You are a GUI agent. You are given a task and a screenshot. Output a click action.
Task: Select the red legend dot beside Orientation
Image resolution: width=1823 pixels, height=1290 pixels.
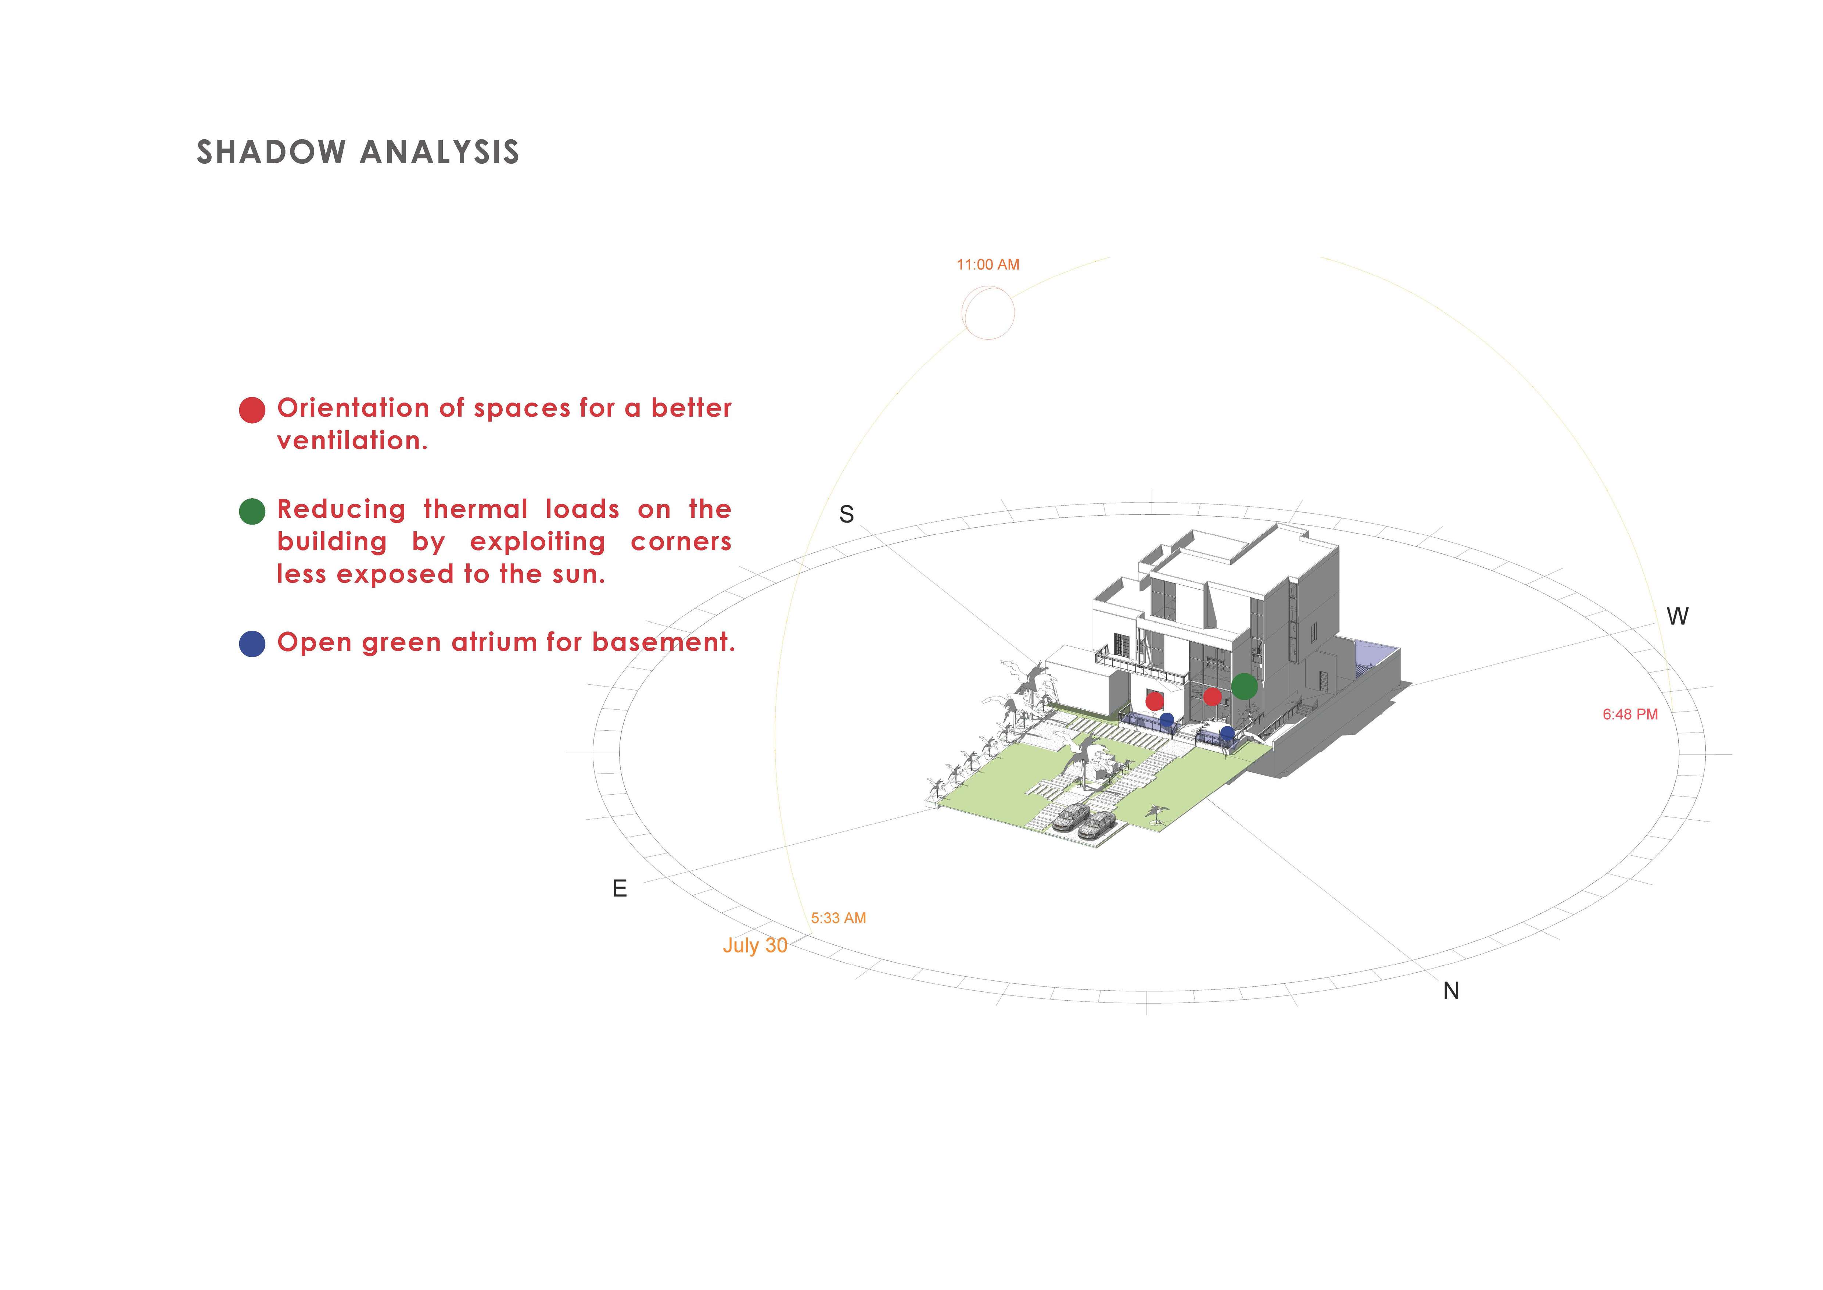tap(252, 410)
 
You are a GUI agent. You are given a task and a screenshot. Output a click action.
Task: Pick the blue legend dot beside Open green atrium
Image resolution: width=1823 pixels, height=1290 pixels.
tap(252, 644)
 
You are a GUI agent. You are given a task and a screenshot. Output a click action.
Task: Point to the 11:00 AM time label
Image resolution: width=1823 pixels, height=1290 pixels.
tap(988, 264)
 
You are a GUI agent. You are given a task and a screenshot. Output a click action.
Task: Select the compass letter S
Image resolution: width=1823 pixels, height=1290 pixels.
tap(846, 515)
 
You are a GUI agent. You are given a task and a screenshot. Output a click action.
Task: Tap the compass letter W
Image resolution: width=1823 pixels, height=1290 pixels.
tap(1677, 616)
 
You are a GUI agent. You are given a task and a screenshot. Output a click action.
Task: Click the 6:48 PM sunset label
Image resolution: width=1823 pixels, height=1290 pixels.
tap(1630, 714)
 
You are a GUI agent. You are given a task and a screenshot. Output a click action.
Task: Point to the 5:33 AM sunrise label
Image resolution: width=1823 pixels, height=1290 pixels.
tap(839, 918)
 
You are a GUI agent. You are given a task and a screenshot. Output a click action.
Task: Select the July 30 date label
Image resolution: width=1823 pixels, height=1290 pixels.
tap(754, 945)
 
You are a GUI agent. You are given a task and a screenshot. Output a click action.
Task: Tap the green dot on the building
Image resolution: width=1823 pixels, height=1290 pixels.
tap(1244, 686)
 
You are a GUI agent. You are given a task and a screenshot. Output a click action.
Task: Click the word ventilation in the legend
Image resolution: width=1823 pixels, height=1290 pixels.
tap(352, 441)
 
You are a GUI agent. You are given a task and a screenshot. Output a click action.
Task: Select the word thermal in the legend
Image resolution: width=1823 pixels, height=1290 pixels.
tap(476, 509)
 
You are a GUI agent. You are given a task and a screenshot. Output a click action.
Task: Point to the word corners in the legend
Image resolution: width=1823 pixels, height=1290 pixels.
tap(681, 542)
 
